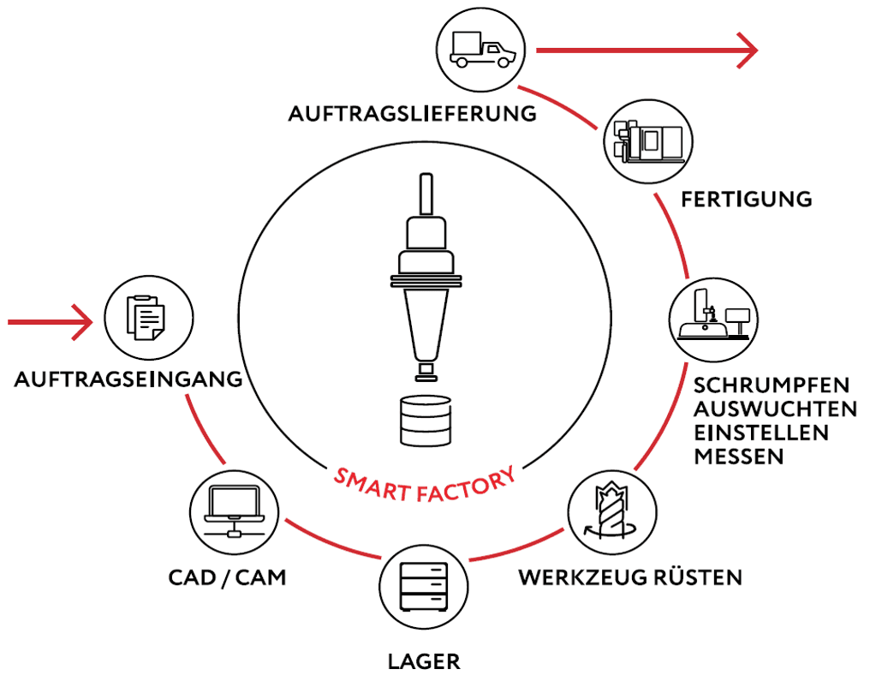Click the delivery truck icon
click(x=482, y=50)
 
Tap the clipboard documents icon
click(x=146, y=318)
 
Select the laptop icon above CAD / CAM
click(x=234, y=511)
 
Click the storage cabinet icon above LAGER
click(x=424, y=587)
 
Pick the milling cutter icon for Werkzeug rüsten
click(x=611, y=511)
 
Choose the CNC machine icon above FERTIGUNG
click(x=648, y=141)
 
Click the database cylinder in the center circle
click(x=426, y=420)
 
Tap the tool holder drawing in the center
click(x=426, y=278)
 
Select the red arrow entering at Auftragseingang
click(x=50, y=322)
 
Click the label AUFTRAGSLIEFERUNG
click(x=412, y=114)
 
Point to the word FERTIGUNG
click(x=747, y=200)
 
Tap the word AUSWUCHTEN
click(x=775, y=409)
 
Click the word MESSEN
click(x=738, y=457)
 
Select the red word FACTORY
click(x=466, y=486)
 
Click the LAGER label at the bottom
click(x=424, y=661)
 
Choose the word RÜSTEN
click(x=697, y=576)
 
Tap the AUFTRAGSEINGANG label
click(x=128, y=379)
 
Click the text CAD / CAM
click(x=227, y=577)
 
